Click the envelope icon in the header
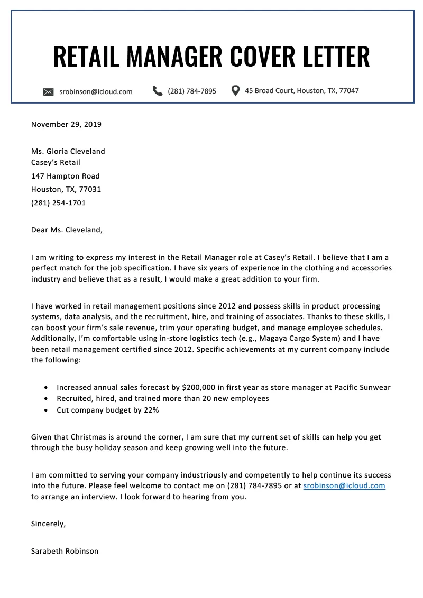click(49, 92)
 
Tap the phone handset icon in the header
click(158, 91)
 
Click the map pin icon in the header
click(236, 90)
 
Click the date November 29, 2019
click(66, 125)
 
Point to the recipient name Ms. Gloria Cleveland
click(68, 151)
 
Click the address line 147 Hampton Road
click(65, 176)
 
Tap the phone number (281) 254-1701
click(58, 202)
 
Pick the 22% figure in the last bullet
click(150, 410)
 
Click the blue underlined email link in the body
click(344, 485)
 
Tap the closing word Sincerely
click(49, 524)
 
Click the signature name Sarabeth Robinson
click(65, 550)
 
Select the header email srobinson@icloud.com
click(96, 91)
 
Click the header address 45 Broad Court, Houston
click(302, 90)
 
